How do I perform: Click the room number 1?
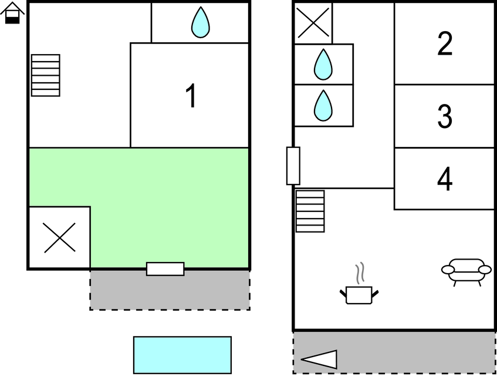click(x=191, y=96)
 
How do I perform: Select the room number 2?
click(x=445, y=44)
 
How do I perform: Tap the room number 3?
click(x=445, y=116)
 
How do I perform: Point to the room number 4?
click(x=445, y=179)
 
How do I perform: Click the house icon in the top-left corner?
click(x=12, y=13)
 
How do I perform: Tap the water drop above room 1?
click(x=200, y=22)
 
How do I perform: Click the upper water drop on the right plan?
click(x=323, y=65)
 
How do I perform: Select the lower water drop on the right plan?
click(x=323, y=106)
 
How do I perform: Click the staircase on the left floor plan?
click(x=45, y=75)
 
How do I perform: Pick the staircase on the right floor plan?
click(x=310, y=211)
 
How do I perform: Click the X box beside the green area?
click(x=59, y=238)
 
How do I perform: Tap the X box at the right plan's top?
click(x=313, y=23)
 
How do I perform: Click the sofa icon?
click(x=466, y=271)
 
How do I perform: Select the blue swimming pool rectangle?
click(x=182, y=355)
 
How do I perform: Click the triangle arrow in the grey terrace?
click(x=320, y=359)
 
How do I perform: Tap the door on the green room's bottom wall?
click(x=165, y=269)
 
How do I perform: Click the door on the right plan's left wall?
click(x=293, y=166)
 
